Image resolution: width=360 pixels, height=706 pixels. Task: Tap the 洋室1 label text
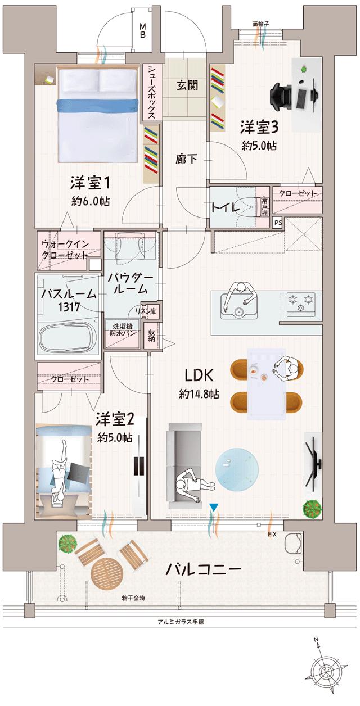[90, 183]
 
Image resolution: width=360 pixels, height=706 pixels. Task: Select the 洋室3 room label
[260, 126]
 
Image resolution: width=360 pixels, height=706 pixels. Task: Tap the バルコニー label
[203, 569]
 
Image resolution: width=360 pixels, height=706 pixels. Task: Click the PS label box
[277, 223]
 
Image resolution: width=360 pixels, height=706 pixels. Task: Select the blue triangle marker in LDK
[213, 508]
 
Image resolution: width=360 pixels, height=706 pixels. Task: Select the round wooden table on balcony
[107, 573]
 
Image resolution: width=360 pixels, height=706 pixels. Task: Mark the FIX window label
[272, 534]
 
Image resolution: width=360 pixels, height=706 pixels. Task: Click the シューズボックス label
[152, 92]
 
